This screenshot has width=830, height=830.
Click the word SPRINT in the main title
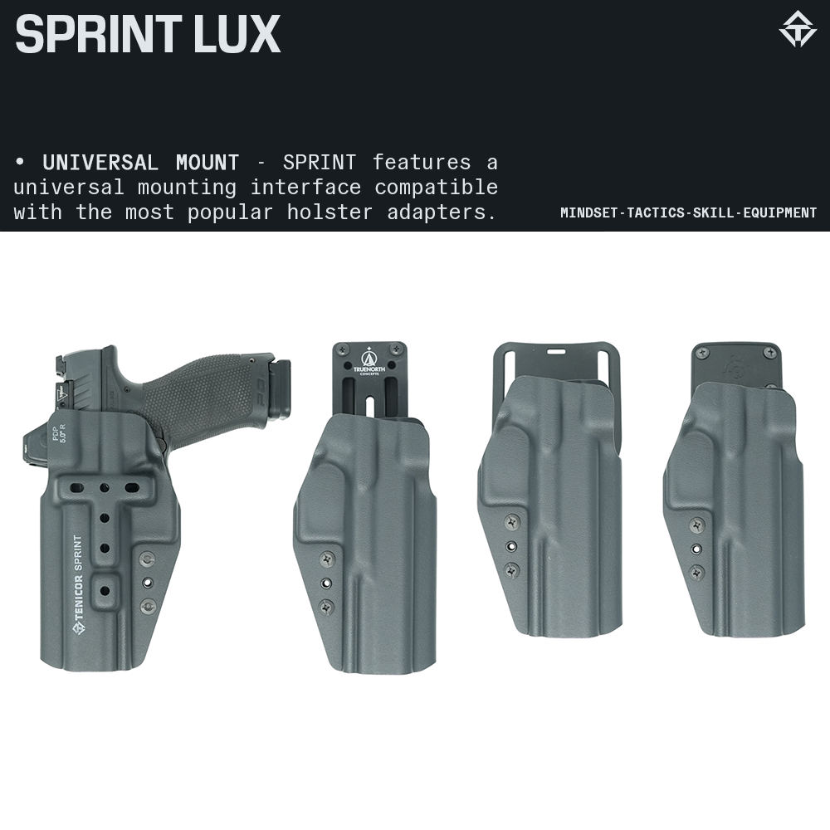click(93, 35)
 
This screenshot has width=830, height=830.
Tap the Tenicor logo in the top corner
click(797, 29)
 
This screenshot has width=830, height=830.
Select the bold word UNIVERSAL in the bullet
click(100, 162)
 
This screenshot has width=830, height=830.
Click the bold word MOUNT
click(207, 162)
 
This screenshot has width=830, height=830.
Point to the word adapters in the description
click(442, 212)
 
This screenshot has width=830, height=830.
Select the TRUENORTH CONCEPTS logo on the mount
click(369, 360)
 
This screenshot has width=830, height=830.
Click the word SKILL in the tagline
click(708, 212)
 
